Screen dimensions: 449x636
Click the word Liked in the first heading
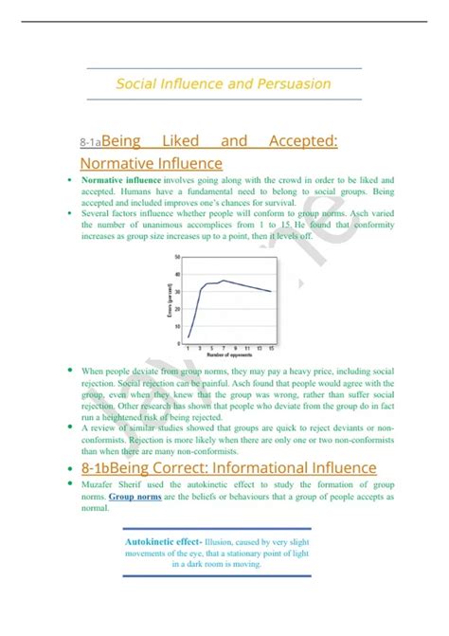[x=180, y=141]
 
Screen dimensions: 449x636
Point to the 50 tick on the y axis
[x=177, y=257]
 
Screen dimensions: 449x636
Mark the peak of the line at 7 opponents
[x=223, y=281]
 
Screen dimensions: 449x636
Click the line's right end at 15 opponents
[x=271, y=291]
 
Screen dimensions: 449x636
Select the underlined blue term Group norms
[x=133, y=496]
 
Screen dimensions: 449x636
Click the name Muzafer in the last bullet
[x=102, y=484]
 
